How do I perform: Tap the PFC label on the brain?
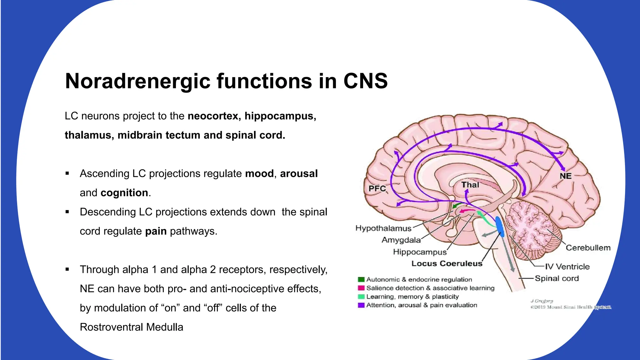coord(377,188)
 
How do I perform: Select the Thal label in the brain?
coord(470,185)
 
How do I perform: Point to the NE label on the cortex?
coord(565,176)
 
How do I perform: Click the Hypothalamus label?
coord(383,228)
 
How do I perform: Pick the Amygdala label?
coord(401,240)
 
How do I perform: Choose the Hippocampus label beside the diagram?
coord(420,252)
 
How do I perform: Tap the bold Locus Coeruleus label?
coord(447,263)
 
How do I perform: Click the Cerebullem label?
coord(588,248)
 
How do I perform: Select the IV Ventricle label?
coord(567,267)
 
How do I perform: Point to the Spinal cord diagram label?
coord(557,278)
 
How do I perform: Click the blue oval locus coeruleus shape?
coord(499,226)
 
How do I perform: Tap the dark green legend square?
coord(361,279)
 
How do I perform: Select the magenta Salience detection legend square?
coord(361,288)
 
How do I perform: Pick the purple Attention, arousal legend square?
coord(361,305)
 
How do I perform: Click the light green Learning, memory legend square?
coord(361,297)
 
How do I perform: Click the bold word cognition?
coord(124,193)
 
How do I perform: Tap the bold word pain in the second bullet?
coord(156,231)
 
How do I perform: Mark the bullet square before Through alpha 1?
coord(67,269)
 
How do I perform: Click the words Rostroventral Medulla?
coord(132,327)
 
